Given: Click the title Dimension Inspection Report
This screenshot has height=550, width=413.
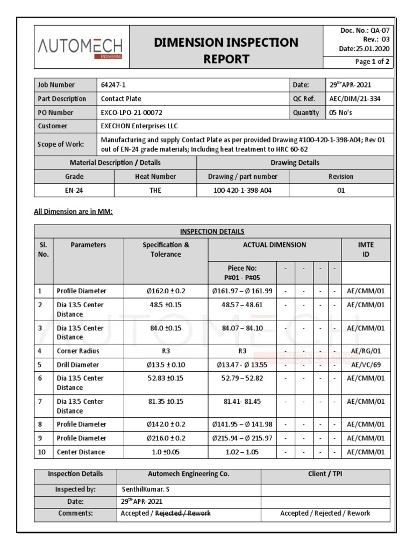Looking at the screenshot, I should point(226,50).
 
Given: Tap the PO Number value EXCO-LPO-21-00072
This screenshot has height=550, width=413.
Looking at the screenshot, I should point(132,113).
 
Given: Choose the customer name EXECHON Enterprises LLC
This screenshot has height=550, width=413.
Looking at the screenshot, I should point(139,126).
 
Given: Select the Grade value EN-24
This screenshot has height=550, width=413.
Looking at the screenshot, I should point(74,190).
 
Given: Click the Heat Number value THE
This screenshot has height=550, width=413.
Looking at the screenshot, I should point(155,190).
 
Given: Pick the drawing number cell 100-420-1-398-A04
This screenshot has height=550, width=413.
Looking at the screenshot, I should point(243,190).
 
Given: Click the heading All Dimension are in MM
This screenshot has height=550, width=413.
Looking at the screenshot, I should point(73,212).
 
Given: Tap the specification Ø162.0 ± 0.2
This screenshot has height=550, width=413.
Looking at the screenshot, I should point(166,291).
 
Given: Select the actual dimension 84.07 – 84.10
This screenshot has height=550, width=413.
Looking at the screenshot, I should point(242,328).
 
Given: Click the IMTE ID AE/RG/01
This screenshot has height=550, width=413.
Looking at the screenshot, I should point(366,351).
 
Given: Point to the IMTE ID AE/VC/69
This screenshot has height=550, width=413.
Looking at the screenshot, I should point(366,365).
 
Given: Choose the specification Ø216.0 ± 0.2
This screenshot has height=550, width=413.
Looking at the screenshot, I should point(166,438).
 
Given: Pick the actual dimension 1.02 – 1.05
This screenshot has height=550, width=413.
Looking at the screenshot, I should point(242,452).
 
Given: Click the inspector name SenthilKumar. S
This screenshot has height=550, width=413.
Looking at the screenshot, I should point(146,489).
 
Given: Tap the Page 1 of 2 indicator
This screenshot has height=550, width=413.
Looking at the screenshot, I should point(372,62).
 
